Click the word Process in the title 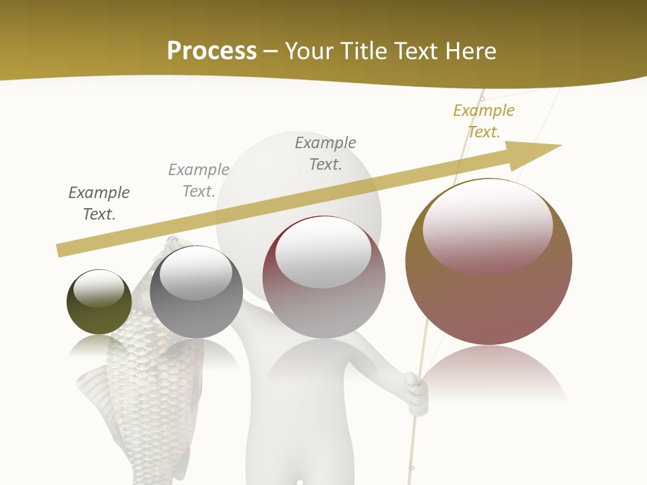(x=212, y=51)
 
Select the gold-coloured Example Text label (x=483, y=121)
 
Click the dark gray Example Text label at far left (x=99, y=203)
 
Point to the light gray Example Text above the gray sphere (x=199, y=181)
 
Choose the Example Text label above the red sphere (x=326, y=153)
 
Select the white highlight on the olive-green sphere (x=98, y=288)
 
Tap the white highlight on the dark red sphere (x=323, y=252)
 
